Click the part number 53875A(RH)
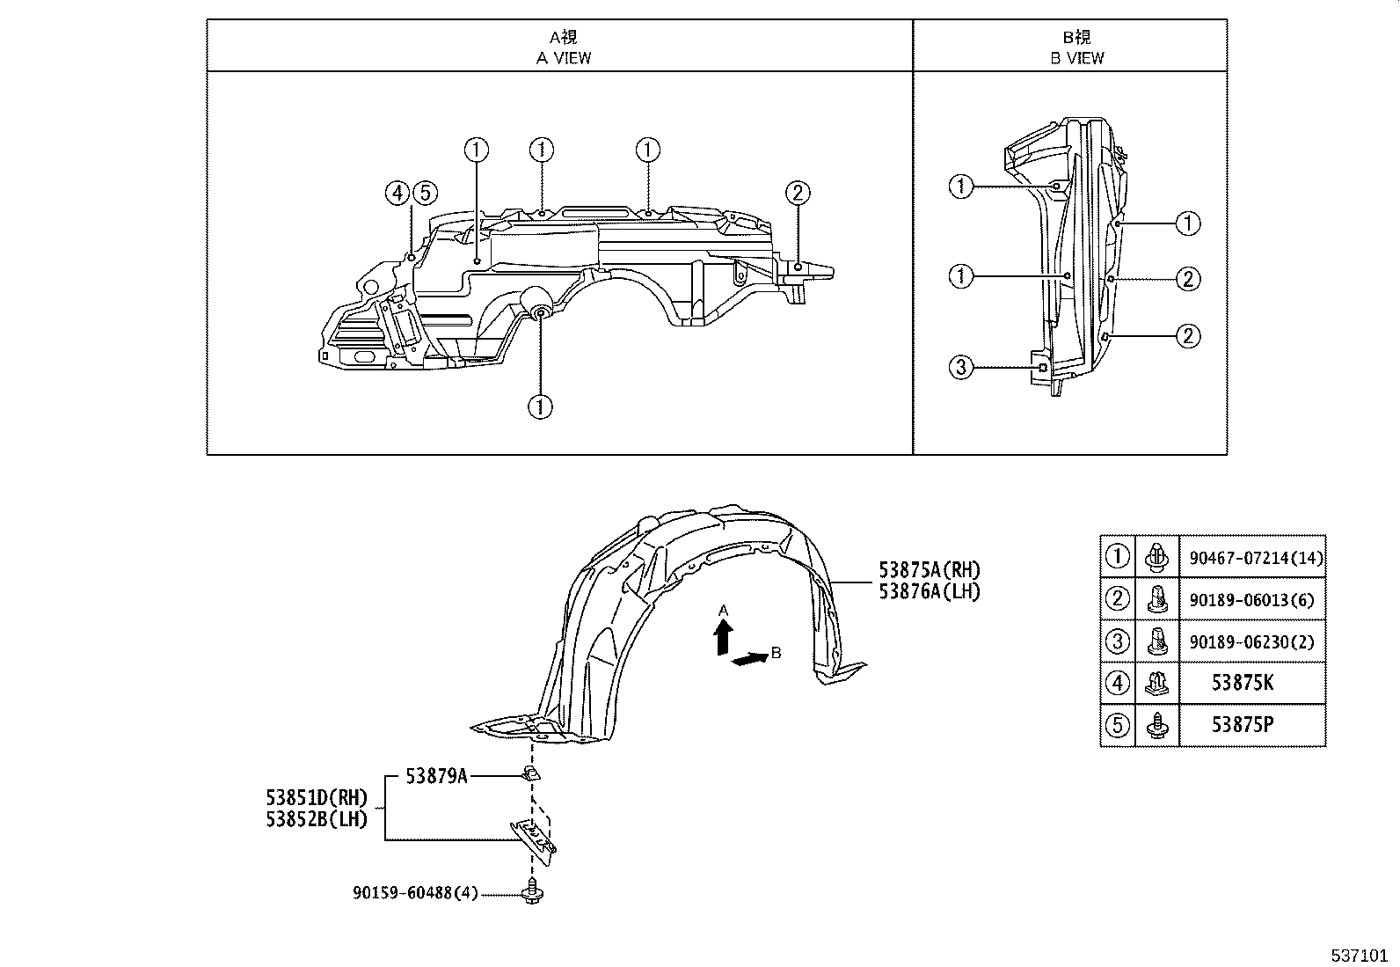[x=929, y=570]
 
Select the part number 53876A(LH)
[x=929, y=591]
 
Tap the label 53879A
[x=436, y=776]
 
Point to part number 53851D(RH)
[x=315, y=797]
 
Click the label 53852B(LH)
[x=315, y=818]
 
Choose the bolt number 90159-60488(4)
[x=415, y=893]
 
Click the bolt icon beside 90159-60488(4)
[x=532, y=893]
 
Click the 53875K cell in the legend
[x=1242, y=683]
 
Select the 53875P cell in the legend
[x=1242, y=725]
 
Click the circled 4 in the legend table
[x=1117, y=683]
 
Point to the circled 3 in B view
[x=961, y=367]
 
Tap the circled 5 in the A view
[x=425, y=193]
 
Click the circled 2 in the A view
[x=798, y=193]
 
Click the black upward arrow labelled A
[x=723, y=635]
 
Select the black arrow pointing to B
[x=748, y=658]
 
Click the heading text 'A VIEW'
[x=564, y=58]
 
